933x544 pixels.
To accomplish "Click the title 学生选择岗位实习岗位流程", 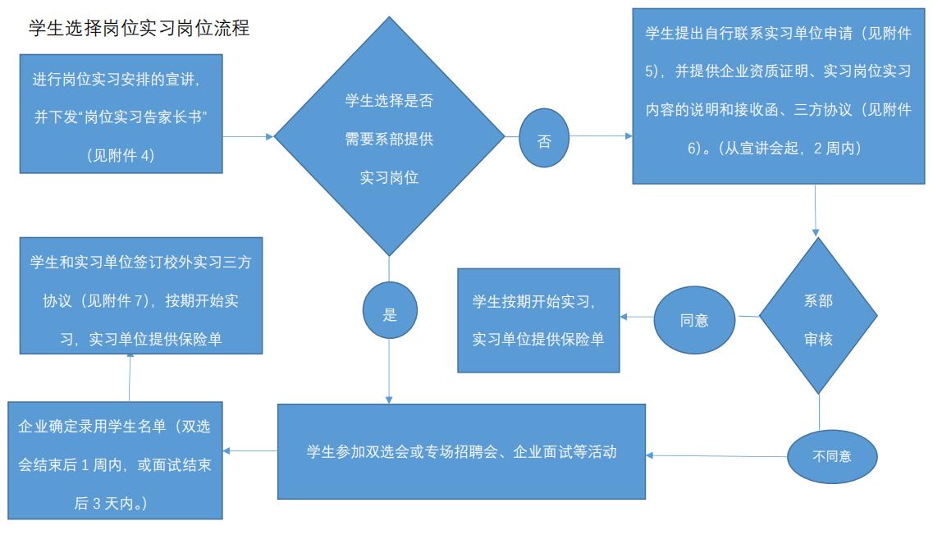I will (x=139, y=29).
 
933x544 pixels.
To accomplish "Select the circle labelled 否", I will (x=544, y=139).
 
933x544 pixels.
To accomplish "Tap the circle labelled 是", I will (x=390, y=313).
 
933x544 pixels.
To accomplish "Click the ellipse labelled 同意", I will (x=694, y=320).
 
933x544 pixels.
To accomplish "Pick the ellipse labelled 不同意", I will (x=831, y=455).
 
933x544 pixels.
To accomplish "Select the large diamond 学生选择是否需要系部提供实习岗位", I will (x=389, y=137).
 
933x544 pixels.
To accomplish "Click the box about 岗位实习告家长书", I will (x=121, y=114).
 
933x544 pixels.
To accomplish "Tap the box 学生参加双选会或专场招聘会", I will (x=461, y=451).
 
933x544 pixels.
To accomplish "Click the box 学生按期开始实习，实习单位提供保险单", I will (x=537, y=320).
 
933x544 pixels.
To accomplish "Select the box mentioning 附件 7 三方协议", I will (x=140, y=300).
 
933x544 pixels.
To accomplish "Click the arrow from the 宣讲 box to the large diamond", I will (x=248, y=137).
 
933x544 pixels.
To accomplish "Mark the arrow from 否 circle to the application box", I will (x=601, y=137).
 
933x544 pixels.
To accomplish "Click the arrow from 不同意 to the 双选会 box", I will (x=716, y=455).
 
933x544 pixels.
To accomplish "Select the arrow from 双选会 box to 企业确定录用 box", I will (x=249, y=450).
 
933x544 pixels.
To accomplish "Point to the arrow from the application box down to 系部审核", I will (x=816, y=210).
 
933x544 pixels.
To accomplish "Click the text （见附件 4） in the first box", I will (x=121, y=154).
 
